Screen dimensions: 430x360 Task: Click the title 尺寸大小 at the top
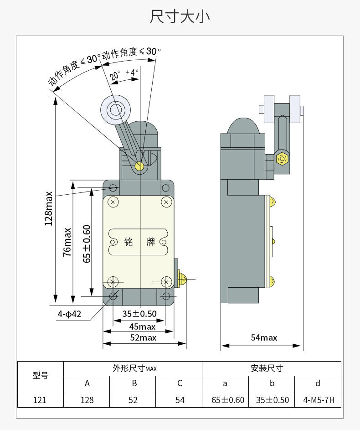pos(180,16)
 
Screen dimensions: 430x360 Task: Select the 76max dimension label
pos(67,242)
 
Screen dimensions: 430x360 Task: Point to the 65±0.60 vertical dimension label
pos(87,243)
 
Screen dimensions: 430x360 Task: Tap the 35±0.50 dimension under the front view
pos(139,314)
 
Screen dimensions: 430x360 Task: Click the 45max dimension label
pos(142,326)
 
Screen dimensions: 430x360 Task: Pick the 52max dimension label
pos(143,337)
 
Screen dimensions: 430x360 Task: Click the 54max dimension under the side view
pos(264,337)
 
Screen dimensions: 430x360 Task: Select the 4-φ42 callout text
pos(69,314)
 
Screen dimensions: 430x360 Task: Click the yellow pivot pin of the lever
pos(139,166)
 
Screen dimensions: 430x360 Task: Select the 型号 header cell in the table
pos(40,376)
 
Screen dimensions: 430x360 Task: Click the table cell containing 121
pos(40,400)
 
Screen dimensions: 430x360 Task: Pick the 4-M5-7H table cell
pos(318,400)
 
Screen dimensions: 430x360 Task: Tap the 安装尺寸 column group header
pos(271,368)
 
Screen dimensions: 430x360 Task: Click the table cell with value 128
pos(87,400)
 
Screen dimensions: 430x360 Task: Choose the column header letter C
pos(180,383)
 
